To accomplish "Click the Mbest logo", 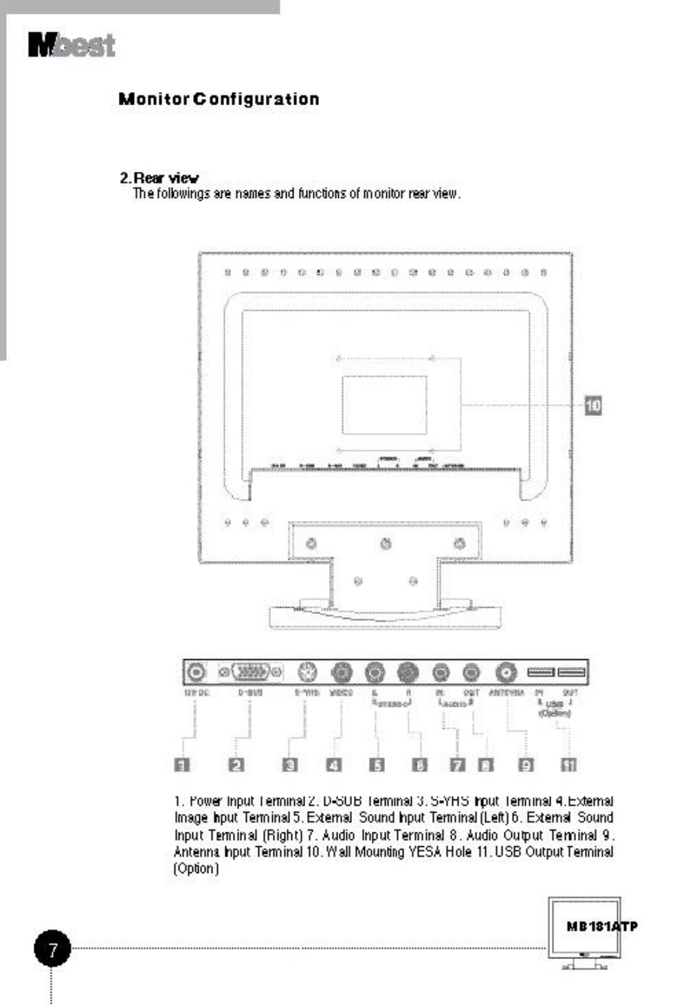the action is tap(72, 45).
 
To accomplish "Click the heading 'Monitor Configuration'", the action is tap(219, 99).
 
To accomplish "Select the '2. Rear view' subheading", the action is tap(159, 178).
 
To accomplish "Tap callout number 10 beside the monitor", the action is tap(593, 406).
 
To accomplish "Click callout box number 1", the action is tap(182, 765).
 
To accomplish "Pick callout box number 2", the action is tap(237, 765).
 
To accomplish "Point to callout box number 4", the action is tap(334, 765).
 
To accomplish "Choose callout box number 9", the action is tap(526, 765).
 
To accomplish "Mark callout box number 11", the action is tap(569, 765).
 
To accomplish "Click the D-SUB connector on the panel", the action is tap(250, 672).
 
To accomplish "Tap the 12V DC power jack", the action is tap(197, 672).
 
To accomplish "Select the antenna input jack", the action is tap(506, 672).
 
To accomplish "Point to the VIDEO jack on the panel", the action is tap(341, 672).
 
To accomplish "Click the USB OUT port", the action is tap(571, 672).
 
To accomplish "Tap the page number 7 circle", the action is tap(52, 948).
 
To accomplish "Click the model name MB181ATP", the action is tap(602, 926).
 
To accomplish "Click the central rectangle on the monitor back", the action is tap(384, 405).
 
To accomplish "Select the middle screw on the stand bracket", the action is tap(386, 544).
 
